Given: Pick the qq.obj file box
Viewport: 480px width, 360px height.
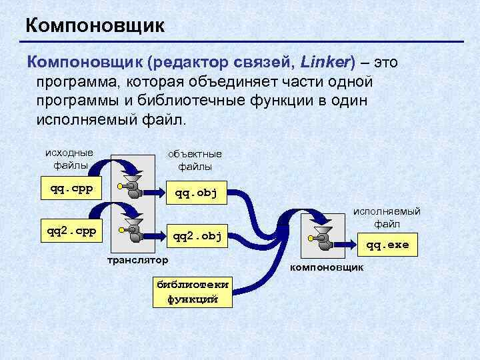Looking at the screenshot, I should (195, 194).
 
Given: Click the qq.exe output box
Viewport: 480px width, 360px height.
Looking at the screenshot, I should (387, 245).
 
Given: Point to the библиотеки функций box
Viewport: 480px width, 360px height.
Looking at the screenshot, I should (192, 291).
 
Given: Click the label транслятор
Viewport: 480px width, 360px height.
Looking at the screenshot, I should (138, 259).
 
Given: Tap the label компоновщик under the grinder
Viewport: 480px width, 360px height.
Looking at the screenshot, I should (325, 267).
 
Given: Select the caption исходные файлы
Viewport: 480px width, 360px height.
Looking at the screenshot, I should (69, 159).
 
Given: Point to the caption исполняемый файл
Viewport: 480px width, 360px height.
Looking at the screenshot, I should (387, 217).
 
